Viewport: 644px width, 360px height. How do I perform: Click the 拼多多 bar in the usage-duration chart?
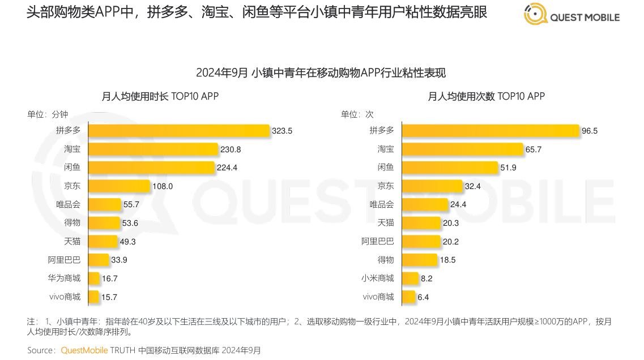(178, 131)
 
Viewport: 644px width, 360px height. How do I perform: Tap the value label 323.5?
(282, 131)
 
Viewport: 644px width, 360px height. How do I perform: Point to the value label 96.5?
(590, 131)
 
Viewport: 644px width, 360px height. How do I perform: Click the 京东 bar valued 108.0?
(119, 186)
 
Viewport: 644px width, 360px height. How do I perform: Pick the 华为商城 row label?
(64, 278)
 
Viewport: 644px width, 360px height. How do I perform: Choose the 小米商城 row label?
(378, 278)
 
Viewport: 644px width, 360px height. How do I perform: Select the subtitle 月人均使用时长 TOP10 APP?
(160, 96)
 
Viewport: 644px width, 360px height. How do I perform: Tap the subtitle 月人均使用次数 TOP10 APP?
(486, 96)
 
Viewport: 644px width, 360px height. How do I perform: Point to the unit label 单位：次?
(357, 114)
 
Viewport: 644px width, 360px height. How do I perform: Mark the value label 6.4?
(423, 297)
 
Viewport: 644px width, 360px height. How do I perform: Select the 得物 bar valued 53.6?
(105, 223)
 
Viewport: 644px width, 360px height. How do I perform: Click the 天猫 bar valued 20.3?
(421, 223)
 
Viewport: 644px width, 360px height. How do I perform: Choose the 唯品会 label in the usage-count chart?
(382, 204)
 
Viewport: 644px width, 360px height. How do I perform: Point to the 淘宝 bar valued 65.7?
(462, 149)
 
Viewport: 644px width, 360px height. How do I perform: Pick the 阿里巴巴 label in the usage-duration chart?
(64, 260)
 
